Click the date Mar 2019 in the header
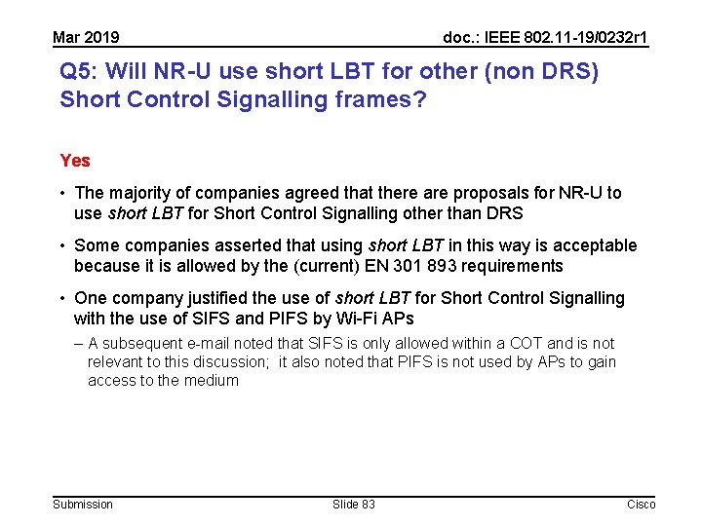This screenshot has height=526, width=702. (86, 38)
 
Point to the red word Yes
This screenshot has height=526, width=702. (75, 161)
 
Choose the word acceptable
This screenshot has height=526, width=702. (592, 245)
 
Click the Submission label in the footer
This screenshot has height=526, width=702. (83, 504)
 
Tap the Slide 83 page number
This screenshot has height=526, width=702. (353, 504)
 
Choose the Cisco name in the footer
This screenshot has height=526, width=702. (641, 504)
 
